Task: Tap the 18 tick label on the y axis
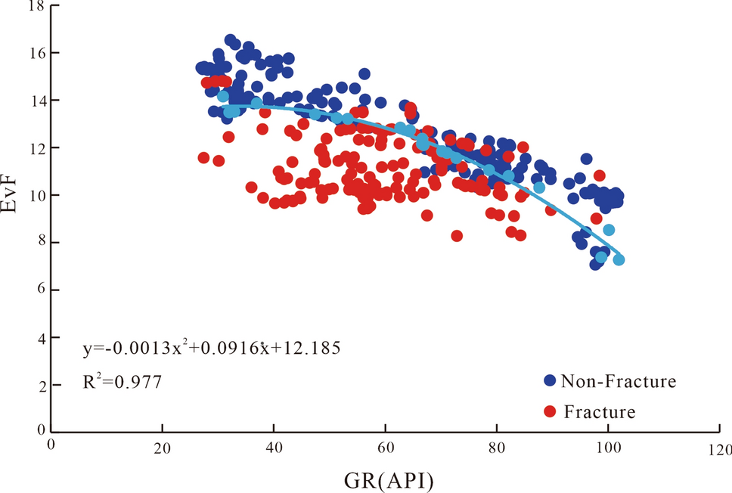pos(35,7)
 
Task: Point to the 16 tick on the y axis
pos(35,54)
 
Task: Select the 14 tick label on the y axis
pos(35,101)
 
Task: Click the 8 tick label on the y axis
pos(39,243)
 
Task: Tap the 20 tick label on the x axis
pos(162,447)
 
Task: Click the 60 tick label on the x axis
pos(385,447)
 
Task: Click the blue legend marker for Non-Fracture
pos(550,380)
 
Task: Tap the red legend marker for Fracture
pos(550,411)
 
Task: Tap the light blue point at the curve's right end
pos(619,259)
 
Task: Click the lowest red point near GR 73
pos(457,236)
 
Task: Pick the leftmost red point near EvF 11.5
pos(203,158)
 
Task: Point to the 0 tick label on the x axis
pos(51,445)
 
